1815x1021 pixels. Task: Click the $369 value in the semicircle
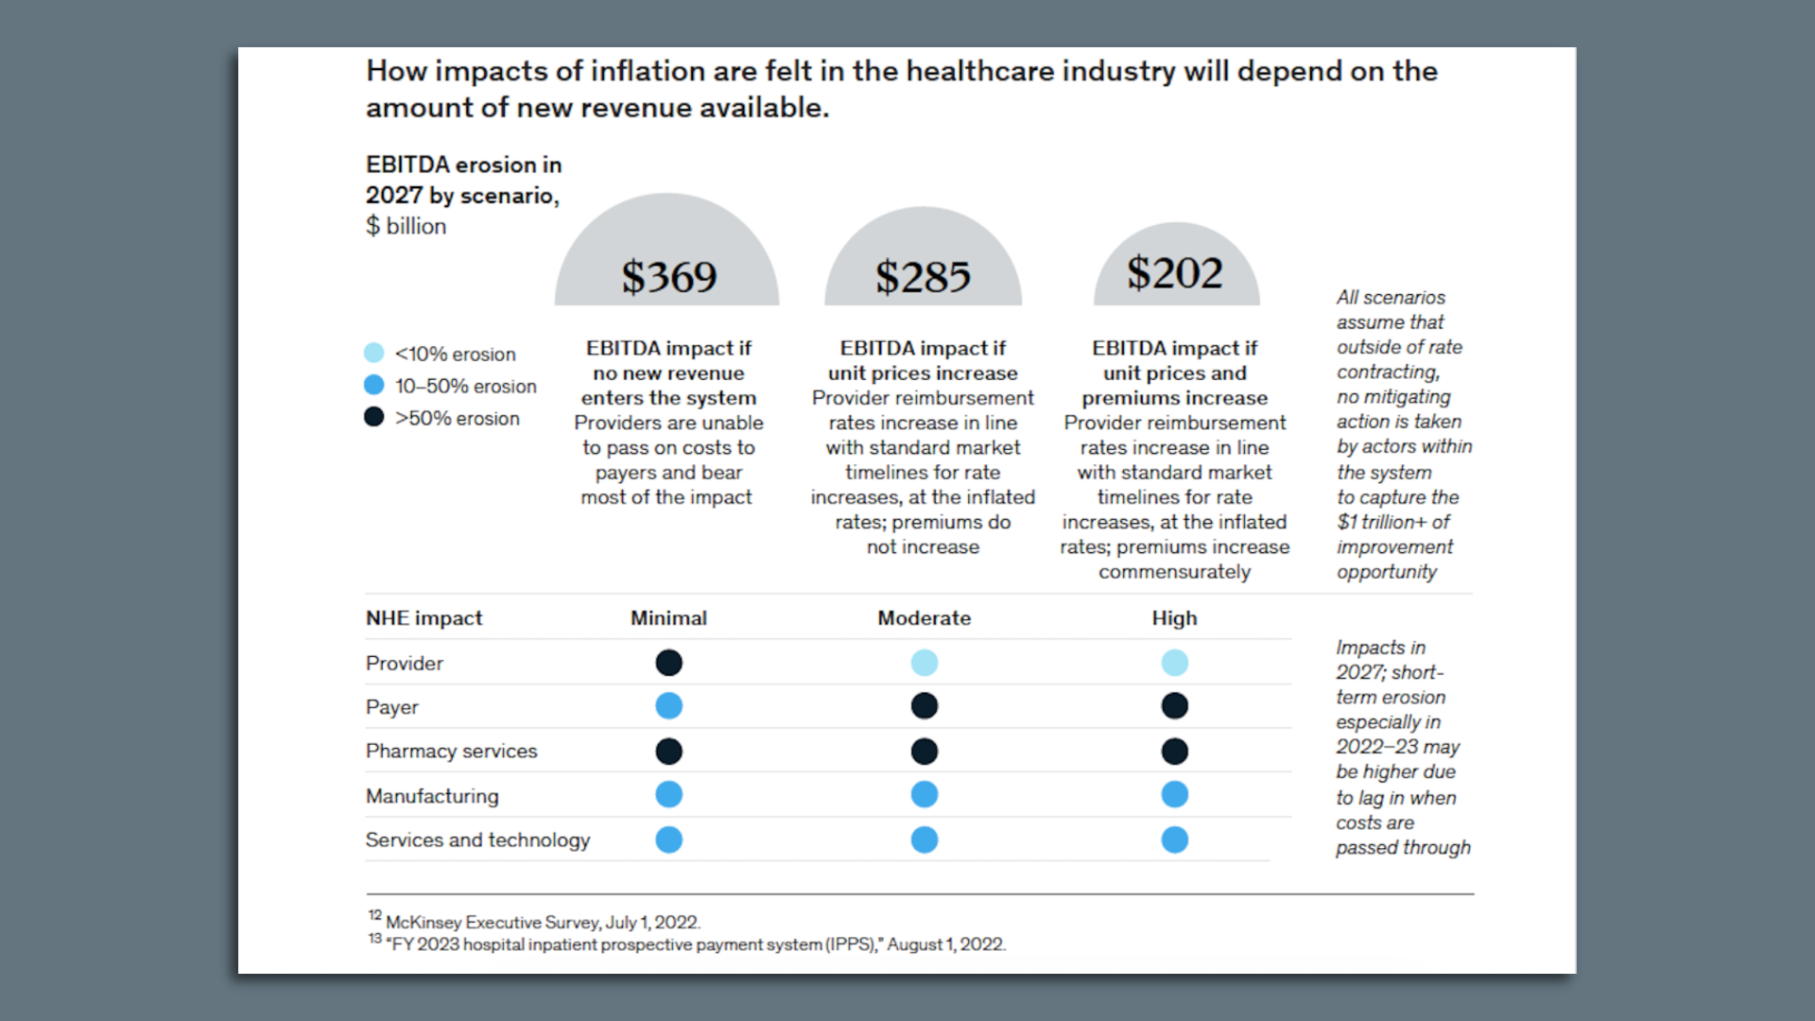coord(668,277)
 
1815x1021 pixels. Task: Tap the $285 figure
coord(923,277)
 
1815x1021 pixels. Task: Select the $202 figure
coord(1175,273)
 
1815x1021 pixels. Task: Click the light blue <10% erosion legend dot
coord(374,354)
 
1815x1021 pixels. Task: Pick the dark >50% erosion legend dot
coord(374,417)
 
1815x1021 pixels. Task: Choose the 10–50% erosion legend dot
coord(374,385)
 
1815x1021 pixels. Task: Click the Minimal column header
coord(668,618)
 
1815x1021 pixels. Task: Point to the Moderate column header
coord(924,618)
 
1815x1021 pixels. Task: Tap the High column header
coord(1174,618)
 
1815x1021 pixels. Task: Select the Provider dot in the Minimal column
coord(668,663)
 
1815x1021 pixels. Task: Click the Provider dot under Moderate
coord(924,663)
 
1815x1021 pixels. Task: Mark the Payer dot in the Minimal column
coord(668,706)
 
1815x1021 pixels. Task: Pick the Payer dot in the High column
coord(1174,706)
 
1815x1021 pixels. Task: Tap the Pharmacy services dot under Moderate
coord(924,752)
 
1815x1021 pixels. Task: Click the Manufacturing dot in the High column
coord(1174,795)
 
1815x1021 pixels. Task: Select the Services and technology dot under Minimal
coord(668,839)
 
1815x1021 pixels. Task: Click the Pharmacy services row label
coord(451,752)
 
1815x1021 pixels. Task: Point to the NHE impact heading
coord(423,618)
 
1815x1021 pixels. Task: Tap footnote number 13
coord(375,939)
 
